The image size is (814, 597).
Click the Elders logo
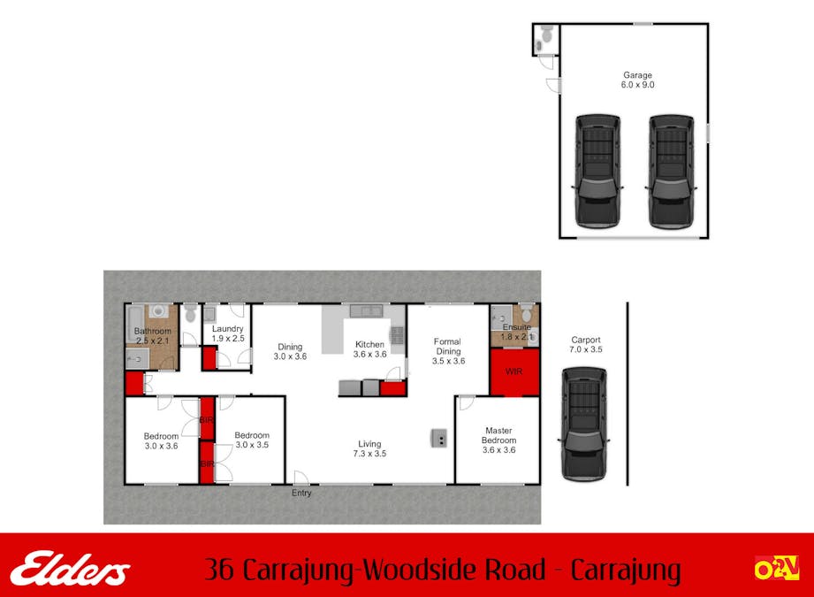[70, 569]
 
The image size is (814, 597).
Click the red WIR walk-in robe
[514, 371]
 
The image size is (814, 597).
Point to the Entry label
[301, 493]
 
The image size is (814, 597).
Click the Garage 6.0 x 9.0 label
[637, 80]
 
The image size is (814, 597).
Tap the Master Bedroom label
[498, 440]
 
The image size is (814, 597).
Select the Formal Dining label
[448, 351]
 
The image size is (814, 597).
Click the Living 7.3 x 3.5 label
[369, 448]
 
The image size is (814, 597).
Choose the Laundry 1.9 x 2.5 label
[227, 333]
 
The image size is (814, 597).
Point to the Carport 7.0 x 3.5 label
[586, 344]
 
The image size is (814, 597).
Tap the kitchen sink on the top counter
[364, 311]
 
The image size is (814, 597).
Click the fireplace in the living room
[438, 437]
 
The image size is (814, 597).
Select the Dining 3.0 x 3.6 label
[290, 351]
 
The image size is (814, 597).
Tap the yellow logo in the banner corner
[775, 569]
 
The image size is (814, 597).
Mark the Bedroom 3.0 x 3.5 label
[252, 440]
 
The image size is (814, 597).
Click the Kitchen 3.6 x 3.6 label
[369, 348]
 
